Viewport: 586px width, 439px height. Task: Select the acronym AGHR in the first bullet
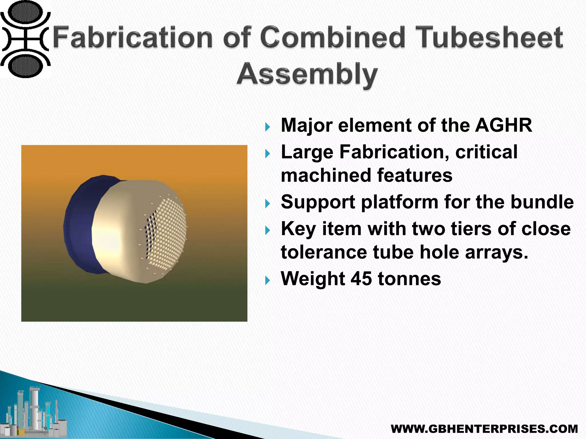(504, 125)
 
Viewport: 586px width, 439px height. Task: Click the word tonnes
(409, 279)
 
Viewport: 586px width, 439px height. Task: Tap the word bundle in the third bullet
(542, 202)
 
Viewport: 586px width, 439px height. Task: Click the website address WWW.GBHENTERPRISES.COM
(484, 429)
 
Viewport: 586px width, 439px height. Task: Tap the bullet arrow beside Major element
(268, 127)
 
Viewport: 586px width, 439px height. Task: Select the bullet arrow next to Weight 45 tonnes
(268, 280)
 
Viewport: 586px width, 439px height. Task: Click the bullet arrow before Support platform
(268, 203)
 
